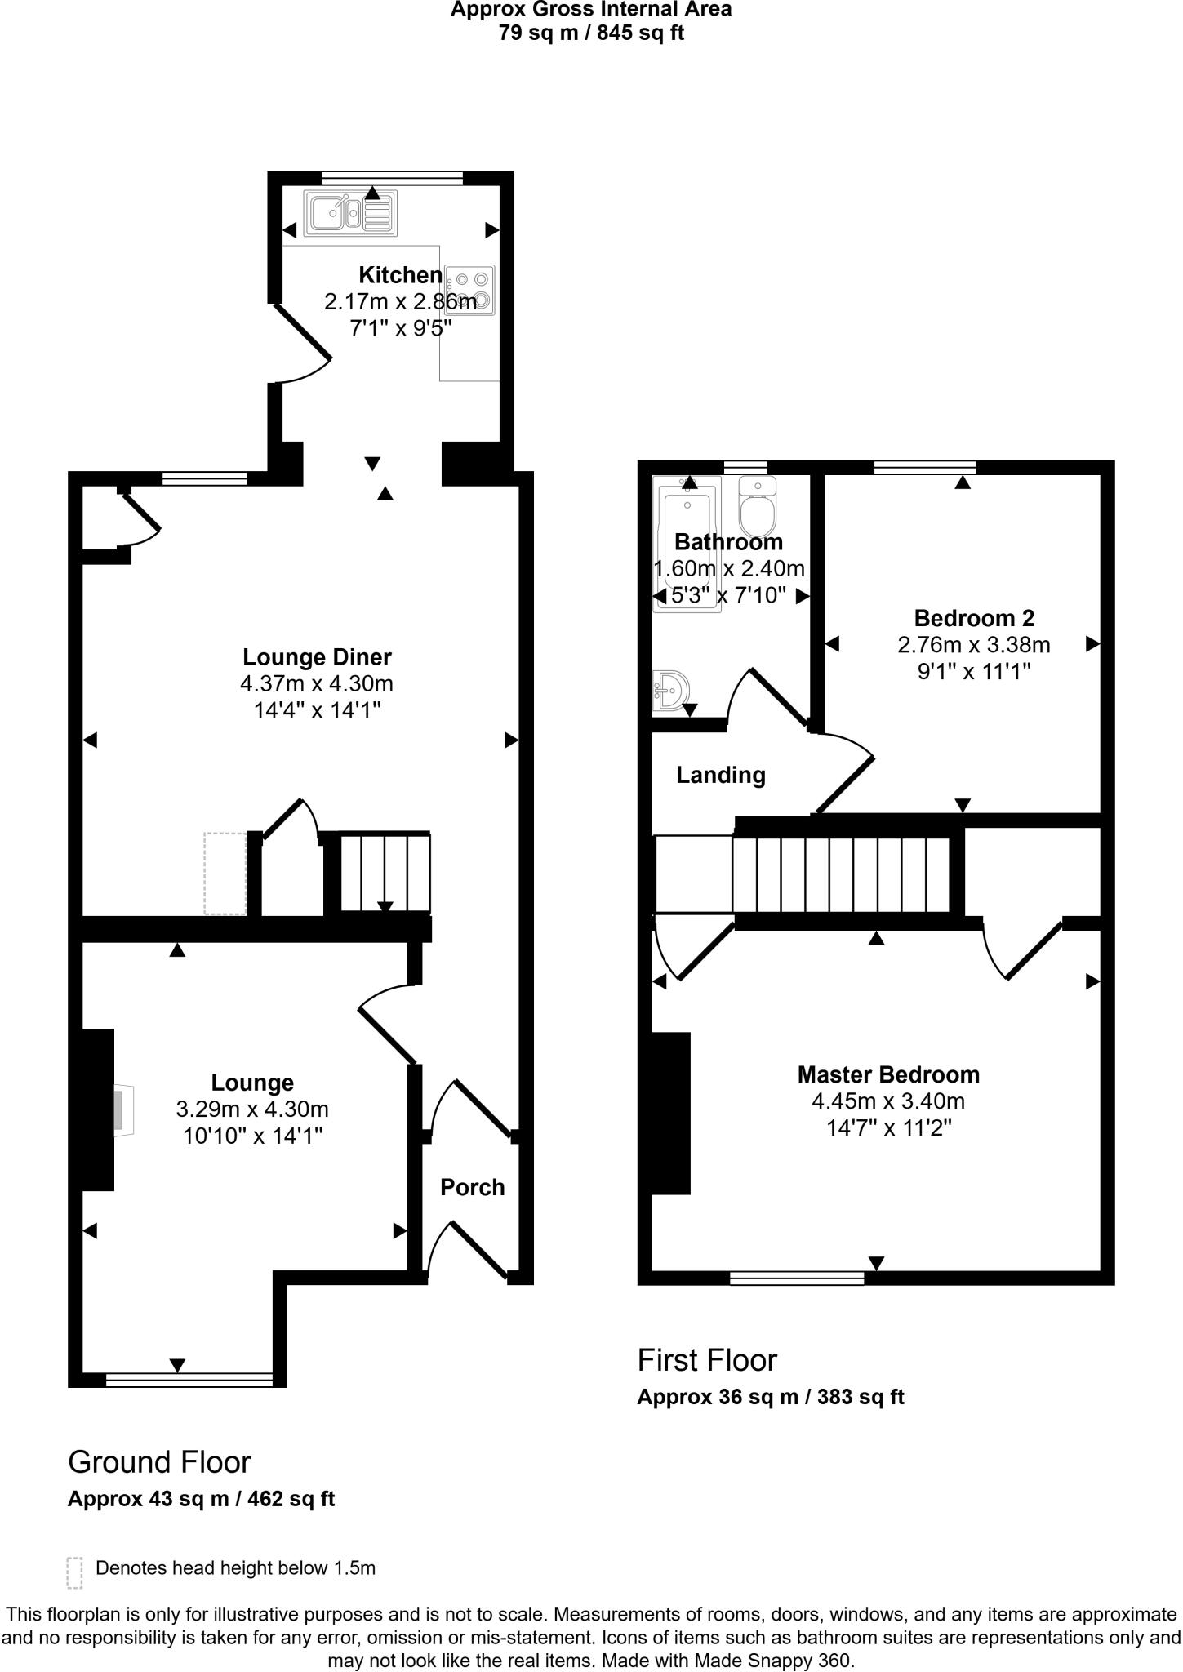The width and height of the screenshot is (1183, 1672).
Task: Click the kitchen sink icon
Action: click(350, 212)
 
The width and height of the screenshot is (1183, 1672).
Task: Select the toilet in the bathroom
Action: click(758, 507)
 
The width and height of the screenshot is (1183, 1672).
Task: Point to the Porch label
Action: click(472, 1187)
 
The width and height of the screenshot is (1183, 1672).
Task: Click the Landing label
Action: click(720, 775)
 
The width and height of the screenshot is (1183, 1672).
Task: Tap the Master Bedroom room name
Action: click(887, 1074)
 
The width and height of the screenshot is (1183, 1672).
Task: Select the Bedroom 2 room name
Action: click(974, 618)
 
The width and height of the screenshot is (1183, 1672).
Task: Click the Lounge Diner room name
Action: click(317, 657)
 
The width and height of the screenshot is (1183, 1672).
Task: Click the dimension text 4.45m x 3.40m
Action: click(887, 1101)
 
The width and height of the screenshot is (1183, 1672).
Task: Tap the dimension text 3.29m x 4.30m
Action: click(252, 1109)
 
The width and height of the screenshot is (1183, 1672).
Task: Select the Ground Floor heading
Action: click(159, 1462)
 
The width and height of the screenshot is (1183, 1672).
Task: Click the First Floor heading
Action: click(707, 1360)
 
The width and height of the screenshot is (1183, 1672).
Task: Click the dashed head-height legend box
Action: click(74, 1572)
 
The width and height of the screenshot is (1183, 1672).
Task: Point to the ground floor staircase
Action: click(385, 872)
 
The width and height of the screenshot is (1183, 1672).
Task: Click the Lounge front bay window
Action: click(189, 1380)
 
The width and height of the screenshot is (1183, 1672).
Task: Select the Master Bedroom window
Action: click(796, 1278)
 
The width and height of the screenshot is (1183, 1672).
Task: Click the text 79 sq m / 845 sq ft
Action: click(591, 33)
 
